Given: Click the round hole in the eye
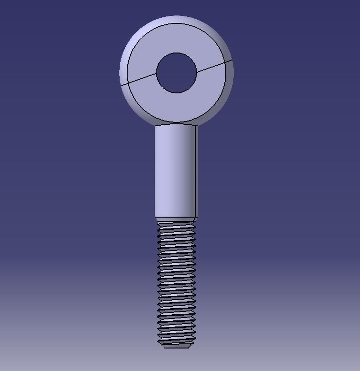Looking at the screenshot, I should coord(176,73).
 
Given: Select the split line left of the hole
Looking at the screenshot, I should coord(139,80).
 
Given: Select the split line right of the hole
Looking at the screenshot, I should coord(214,66).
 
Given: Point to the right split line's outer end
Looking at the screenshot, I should coord(232,60).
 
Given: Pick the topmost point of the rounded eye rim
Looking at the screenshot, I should coord(176,16).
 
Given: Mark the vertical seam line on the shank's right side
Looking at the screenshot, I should coord(195,171).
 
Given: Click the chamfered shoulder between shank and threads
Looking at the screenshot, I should coord(176,219).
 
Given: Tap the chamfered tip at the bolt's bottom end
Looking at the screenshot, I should coord(176,346).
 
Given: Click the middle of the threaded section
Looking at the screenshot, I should coord(176,284).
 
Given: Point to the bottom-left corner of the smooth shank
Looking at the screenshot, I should coord(155,217).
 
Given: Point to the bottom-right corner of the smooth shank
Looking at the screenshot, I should coord(197,217).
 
